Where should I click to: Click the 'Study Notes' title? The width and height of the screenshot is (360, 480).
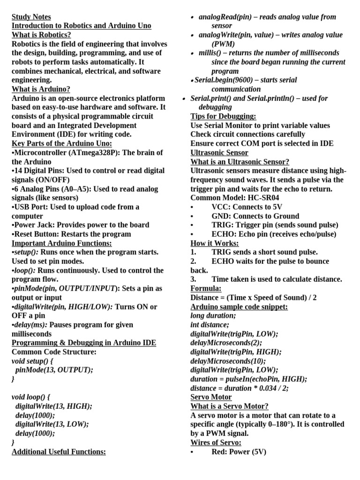31,17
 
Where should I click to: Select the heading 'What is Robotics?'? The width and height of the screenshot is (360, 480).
41,35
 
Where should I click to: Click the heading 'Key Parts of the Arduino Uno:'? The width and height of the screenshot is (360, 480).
62,143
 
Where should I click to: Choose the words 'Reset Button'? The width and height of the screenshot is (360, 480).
36,234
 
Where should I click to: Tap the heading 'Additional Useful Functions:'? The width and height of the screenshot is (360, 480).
59,452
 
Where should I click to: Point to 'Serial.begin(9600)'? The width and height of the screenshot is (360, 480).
224,80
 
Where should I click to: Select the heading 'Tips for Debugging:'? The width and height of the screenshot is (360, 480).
223,116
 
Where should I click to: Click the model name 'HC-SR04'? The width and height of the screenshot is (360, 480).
265,198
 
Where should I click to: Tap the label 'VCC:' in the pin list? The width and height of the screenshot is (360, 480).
221,207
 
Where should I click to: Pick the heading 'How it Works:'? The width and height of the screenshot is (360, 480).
215,243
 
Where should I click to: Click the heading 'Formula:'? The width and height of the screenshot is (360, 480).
206,289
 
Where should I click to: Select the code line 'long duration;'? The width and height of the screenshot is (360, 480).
213,316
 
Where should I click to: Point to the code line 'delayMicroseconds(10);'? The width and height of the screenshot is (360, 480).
228,361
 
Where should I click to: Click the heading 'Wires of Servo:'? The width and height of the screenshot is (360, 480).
216,443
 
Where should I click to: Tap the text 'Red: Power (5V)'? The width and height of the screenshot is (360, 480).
239,452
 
